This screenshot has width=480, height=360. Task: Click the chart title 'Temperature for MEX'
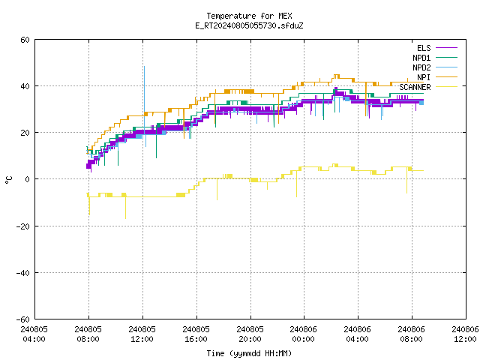coord(249,16)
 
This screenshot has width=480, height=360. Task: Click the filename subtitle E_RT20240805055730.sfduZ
coord(249,25)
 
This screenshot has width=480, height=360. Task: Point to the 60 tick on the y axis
coord(25,40)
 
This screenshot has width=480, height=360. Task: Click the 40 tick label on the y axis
coord(25,86)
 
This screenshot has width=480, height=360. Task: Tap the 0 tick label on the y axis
coord(28,179)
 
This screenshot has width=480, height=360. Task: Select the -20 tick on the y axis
coord(23,226)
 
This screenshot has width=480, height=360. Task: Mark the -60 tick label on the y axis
coord(23,319)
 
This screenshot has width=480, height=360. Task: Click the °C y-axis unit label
coord(8,180)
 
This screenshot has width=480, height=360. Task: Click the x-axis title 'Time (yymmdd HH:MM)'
coord(249,353)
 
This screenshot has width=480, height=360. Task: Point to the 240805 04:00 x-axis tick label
coord(34,334)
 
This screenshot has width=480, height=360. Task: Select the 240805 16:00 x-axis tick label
coord(196,334)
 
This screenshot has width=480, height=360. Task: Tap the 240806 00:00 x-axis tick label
coord(303,334)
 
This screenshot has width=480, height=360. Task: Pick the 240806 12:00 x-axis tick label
coord(465,334)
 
